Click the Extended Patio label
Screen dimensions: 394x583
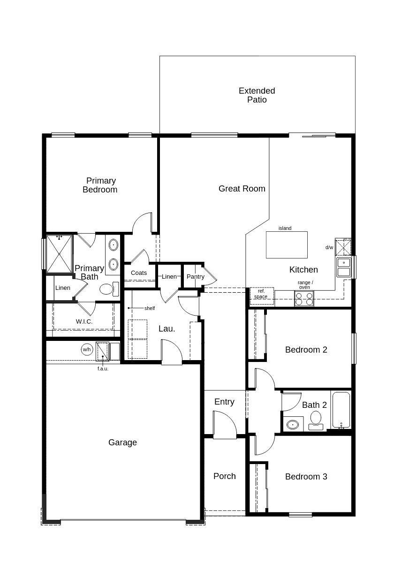(x=257, y=95)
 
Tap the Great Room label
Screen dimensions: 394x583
(x=242, y=188)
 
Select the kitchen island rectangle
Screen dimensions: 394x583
(x=287, y=244)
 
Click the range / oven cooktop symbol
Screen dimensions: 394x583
(x=304, y=299)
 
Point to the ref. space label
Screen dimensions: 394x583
(x=261, y=294)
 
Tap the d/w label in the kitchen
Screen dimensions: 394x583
(x=329, y=248)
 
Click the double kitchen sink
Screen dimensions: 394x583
(x=344, y=267)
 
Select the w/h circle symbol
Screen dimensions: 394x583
(x=87, y=349)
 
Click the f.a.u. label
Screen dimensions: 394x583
(x=103, y=369)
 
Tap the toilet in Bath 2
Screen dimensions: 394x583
(x=316, y=421)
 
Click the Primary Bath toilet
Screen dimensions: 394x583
(x=109, y=288)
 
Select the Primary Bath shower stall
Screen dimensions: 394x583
(x=59, y=254)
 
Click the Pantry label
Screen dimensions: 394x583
(x=195, y=276)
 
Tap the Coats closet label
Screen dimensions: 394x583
(x=139, y=273)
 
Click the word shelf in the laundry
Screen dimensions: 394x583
(x=150, y=308)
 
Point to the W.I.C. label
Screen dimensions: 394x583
(x=84, y=321)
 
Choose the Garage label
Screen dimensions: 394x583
(x=122, y=443)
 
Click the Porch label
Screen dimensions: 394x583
(x=225, y=476)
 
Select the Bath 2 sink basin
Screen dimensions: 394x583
(x=293, y=425)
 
